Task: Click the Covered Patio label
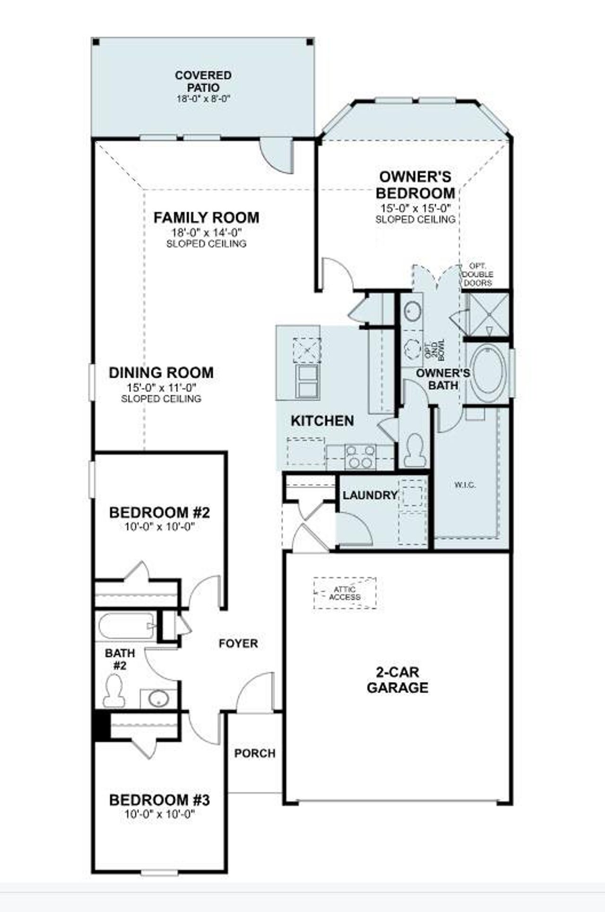pos(203,81)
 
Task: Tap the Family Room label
pos(207,218)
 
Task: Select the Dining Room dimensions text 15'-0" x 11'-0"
pos(161,387)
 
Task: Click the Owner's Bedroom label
pos(415,185)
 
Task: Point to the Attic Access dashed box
pos(345,593)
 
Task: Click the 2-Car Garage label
pos(398,680)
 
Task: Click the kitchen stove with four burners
pos(360,456)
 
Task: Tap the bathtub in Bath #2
pos(126,627)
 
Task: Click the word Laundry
pos(370,495)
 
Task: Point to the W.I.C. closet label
pos(465,485)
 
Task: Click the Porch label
pos(255,753)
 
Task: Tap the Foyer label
pos(239,643)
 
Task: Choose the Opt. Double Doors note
pos(478,274)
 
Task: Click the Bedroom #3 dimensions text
pos(160,815)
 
